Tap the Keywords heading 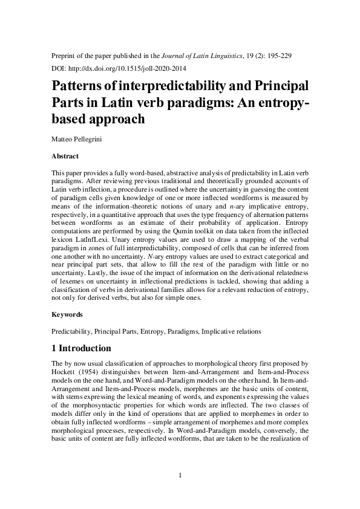[x=67, y=315]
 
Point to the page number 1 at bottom [x=180, y=475]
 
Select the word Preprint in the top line [x=64, y=55]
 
